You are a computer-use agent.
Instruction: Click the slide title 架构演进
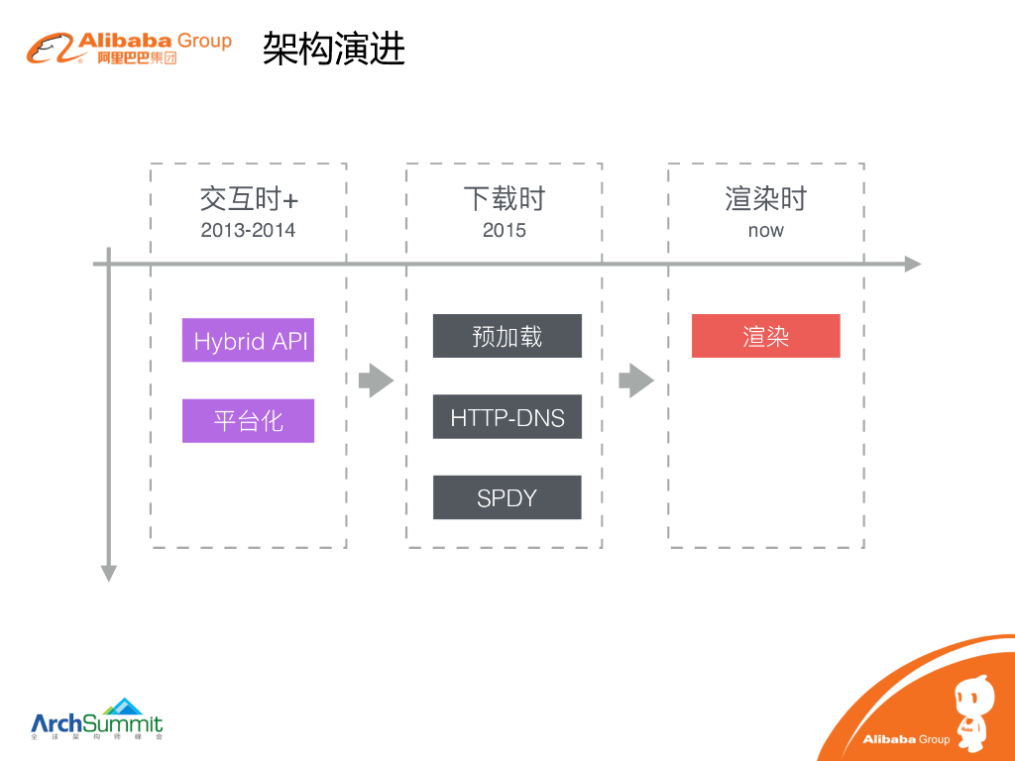334,49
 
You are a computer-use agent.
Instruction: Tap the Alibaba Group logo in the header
130,48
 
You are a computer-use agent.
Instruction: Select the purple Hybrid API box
248,341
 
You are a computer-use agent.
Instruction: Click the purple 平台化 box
248,421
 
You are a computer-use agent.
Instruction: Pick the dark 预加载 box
507,336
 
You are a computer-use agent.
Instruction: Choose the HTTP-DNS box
507,417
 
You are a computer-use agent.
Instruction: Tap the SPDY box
507,497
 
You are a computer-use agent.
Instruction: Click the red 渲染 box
765,336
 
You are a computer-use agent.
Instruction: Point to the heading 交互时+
248,199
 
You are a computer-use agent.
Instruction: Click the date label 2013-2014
248,231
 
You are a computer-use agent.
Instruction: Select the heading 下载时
504,199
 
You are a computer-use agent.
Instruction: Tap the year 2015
504,231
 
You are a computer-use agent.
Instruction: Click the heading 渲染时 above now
765,199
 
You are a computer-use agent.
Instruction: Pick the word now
765,231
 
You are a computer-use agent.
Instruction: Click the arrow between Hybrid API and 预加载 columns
376,380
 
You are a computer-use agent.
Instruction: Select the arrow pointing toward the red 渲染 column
635,380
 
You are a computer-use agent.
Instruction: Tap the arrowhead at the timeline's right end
913,265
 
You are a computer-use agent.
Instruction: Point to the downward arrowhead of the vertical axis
109,573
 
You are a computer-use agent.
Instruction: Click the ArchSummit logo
96,719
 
